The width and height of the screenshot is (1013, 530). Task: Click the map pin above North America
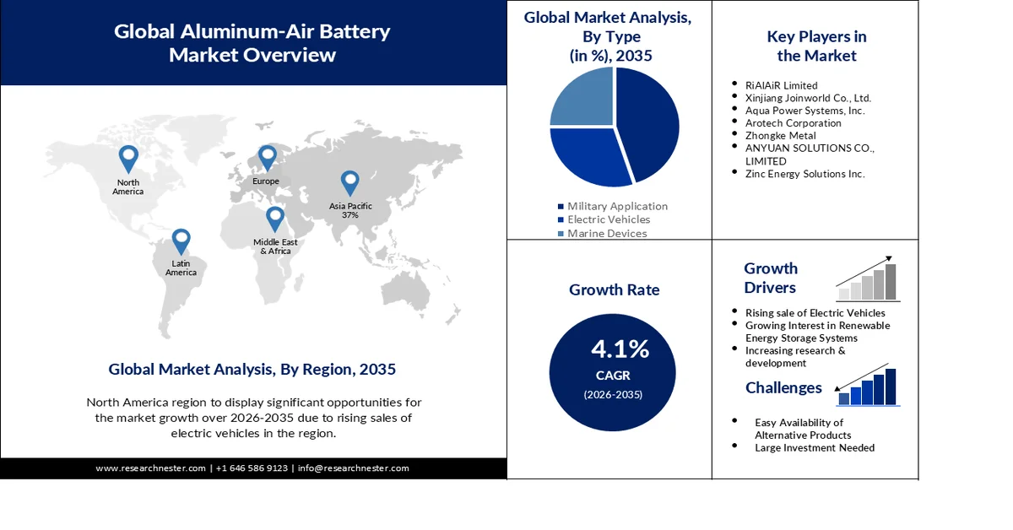click(128, 158)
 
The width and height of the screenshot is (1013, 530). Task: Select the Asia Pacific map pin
click(349, 182)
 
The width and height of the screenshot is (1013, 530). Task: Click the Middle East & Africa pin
click(275, 219)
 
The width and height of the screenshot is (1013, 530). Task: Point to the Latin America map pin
click(181, 241)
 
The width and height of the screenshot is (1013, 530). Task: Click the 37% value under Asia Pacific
click(350, 215)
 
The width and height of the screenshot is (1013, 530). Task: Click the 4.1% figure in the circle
click(620, 349)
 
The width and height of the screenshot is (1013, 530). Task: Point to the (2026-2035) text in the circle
click(613, 394)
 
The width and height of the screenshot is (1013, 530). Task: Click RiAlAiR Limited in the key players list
click(781, 85)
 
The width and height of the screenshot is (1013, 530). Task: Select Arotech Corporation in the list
click(793, 123)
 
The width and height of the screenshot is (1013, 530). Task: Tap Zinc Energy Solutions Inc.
click(804, 174)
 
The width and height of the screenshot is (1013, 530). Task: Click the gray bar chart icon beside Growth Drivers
click(868, 281)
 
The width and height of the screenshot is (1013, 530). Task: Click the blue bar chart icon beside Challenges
click(868, 388)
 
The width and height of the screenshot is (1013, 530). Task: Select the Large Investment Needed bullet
click(815, 448)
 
